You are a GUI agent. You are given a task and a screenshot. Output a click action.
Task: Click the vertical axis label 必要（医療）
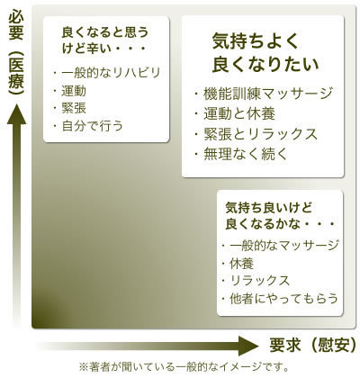point(16,52)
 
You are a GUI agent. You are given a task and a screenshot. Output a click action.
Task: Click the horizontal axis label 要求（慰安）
point(313,346)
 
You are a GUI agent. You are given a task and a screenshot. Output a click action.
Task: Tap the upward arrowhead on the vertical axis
point(16,114)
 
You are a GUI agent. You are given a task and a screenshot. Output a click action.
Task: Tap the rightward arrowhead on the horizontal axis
point(248,346)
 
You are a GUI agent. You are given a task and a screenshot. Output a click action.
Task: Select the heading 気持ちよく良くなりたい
point(265,52)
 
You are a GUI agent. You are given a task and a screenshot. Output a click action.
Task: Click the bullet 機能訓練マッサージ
point(267,94)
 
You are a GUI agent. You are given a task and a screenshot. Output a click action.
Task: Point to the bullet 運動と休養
point(239,113)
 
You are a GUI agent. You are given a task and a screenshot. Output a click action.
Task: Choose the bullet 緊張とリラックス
point(260,134)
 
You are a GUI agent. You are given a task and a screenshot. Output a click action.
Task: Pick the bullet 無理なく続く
point(246,154)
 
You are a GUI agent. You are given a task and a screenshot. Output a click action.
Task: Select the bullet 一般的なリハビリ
point(111,73)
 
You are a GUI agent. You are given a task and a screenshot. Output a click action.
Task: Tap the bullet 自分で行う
point(93,126)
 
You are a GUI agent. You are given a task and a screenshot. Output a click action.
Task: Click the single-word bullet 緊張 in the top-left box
point(74,108)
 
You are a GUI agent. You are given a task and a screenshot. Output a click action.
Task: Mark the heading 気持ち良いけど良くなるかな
point(280,216)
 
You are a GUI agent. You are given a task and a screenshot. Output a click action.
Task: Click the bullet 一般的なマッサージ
point(284,246)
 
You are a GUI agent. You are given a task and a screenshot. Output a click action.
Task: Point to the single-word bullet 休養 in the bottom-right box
point(242,264)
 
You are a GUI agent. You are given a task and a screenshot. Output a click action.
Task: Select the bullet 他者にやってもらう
point(283,299)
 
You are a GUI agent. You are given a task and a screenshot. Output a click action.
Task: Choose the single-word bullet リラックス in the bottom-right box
point(260,281)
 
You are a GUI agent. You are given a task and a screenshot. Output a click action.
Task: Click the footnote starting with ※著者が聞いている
point(184,366)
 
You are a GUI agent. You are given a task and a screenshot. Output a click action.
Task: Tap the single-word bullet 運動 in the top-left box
point(74,91)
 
